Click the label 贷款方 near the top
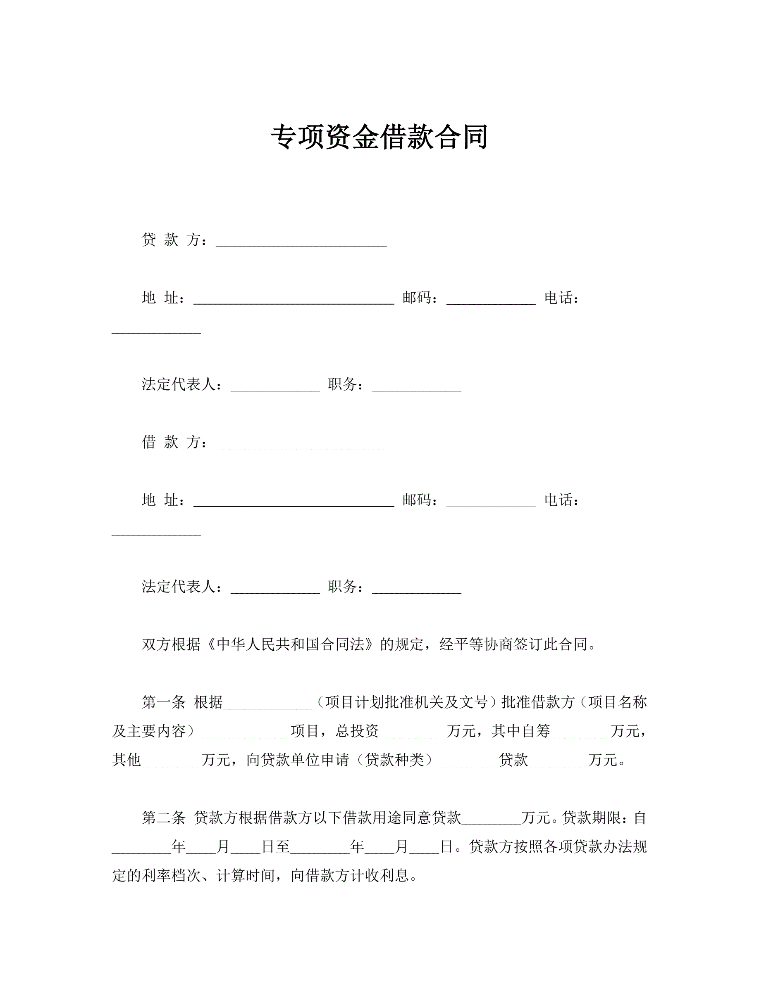171,239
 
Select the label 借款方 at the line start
171,442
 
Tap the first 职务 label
342,384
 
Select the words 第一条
164,701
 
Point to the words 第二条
164,817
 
